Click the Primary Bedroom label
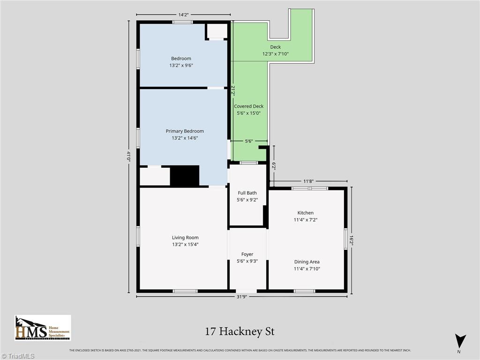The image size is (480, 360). (x=185, y=131)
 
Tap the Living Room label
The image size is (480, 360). (x=185, y=238)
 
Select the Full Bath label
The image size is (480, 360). (x=247, y=193)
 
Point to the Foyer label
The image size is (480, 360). (x=247, y=254)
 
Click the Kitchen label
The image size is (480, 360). (x=306, y=213)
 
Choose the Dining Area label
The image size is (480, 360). (x=307, y=262)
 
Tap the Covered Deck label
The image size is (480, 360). (x=248, y=106)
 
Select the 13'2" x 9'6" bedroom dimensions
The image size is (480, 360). (x=181, y=66)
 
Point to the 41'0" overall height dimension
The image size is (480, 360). (x=129, y=156)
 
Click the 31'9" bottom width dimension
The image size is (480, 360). (x=241, y=297)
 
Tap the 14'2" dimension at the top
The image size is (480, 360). (x=183, y=15)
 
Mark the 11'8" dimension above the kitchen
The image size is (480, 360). (x=308, y=181)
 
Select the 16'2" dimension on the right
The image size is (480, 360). (x=352, y=239)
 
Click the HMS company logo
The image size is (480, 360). (x=43, y=328)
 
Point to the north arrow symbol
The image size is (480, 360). (x=460, y=341)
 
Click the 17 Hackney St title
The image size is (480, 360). (x=240, y=331)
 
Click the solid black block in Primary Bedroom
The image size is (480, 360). (x=184, y=176)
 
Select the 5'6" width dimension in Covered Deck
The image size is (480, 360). (x=249, y=141)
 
